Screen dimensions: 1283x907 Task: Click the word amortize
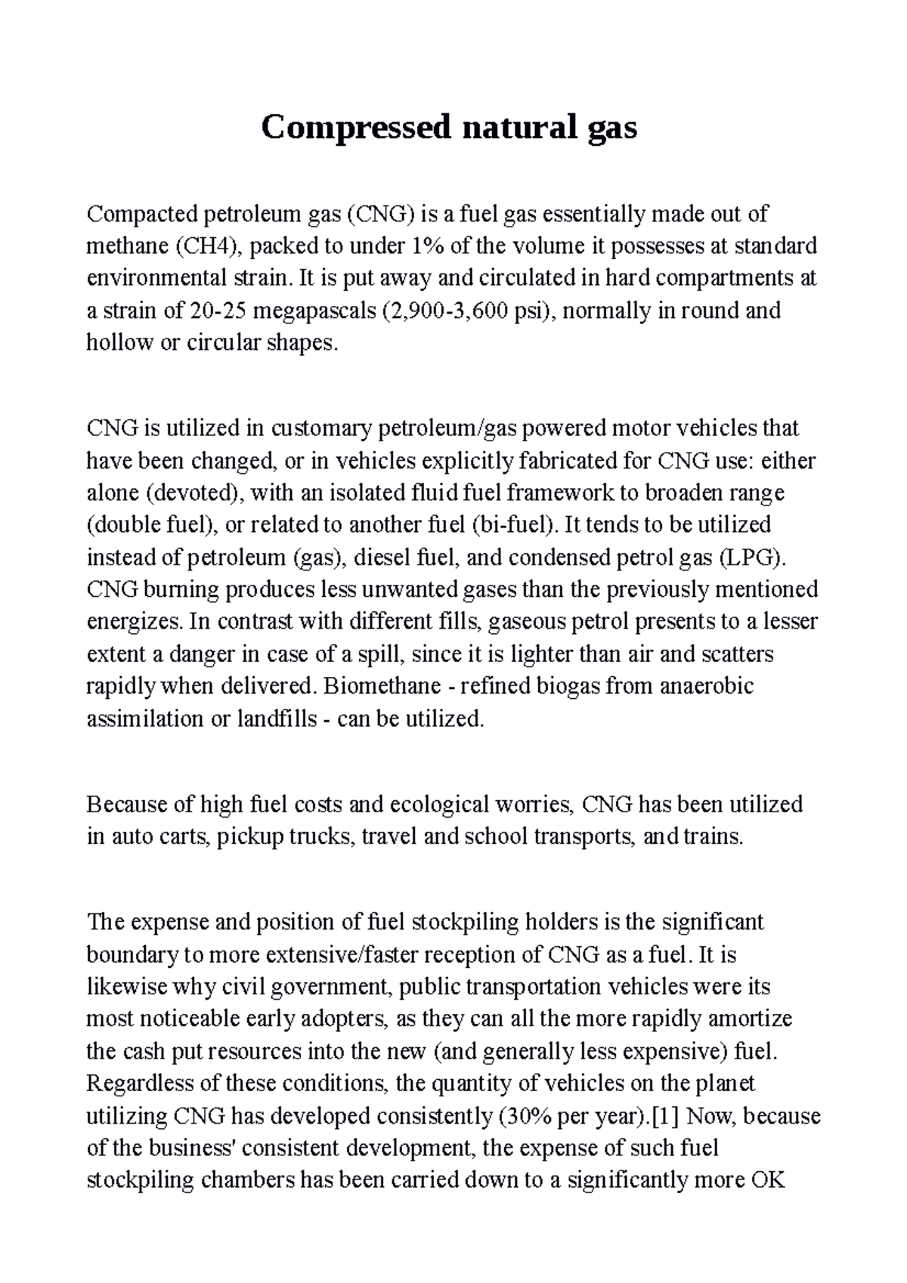[748, 1019]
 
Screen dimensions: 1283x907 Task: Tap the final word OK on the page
[769, 1180]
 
